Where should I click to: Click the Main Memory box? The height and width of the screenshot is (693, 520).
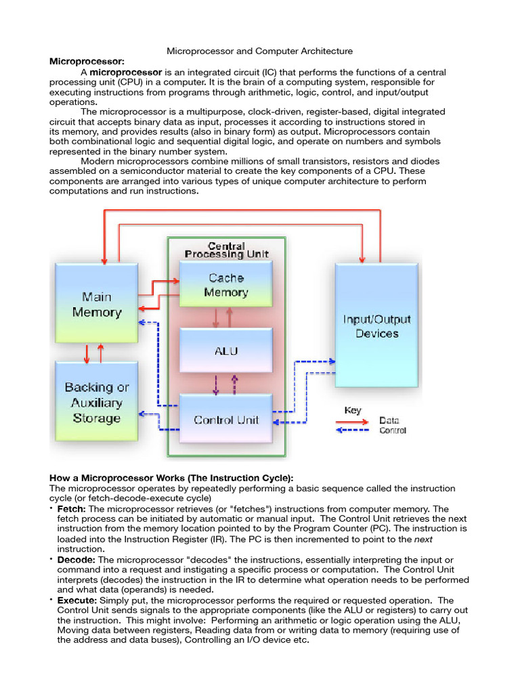[96, 305]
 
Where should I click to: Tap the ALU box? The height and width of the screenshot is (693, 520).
[226, 351]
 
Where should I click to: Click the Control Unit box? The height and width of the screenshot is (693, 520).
[226, 420]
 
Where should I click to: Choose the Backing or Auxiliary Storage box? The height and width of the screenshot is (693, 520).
[96, 403]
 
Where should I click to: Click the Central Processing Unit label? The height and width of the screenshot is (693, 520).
[226, 250]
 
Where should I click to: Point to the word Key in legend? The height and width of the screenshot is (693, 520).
[353, 410]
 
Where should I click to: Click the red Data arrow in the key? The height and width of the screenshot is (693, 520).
[353, 420]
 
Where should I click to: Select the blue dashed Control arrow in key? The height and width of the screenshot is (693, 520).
[353, 430]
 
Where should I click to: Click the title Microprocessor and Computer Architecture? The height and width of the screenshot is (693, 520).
[260, 51]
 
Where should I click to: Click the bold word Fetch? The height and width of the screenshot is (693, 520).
[71, 509]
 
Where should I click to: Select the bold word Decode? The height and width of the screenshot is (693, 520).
[75, 560]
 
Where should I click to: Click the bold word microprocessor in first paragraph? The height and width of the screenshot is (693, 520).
[126, 72]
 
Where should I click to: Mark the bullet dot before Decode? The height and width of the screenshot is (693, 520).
[51, 559]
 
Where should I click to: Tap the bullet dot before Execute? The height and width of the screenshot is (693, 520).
[51, 600]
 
